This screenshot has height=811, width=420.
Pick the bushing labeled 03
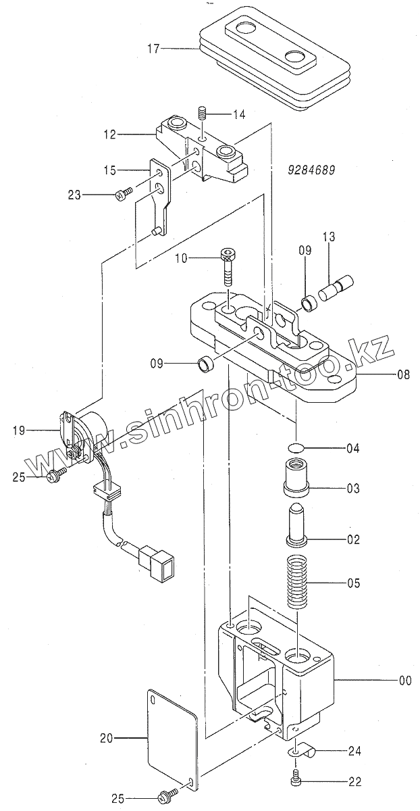click(x=296, y=477)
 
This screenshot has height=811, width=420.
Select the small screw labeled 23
click(x=123, y=195)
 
